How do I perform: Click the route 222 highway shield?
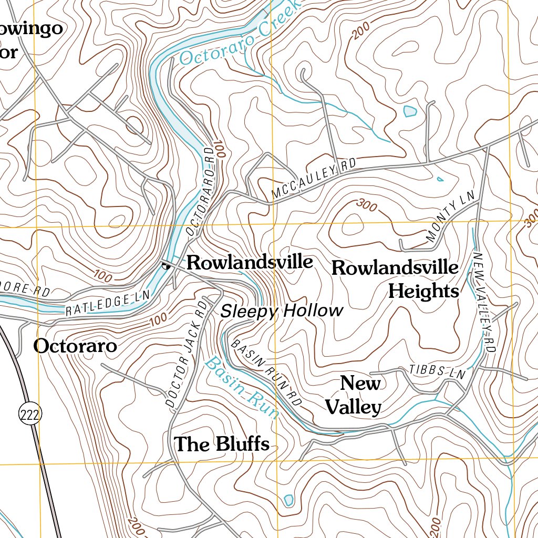click(x=29, y=415)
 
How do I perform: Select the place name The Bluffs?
click(x=222, y=444)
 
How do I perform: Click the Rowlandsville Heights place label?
click(x=395, y=279)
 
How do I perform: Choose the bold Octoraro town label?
click(x=75, y=346)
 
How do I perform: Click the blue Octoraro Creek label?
click(x=239, y=34)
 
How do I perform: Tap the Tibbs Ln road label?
click(x=438, y=372)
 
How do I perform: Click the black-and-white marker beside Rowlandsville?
click(x=166, y=265)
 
